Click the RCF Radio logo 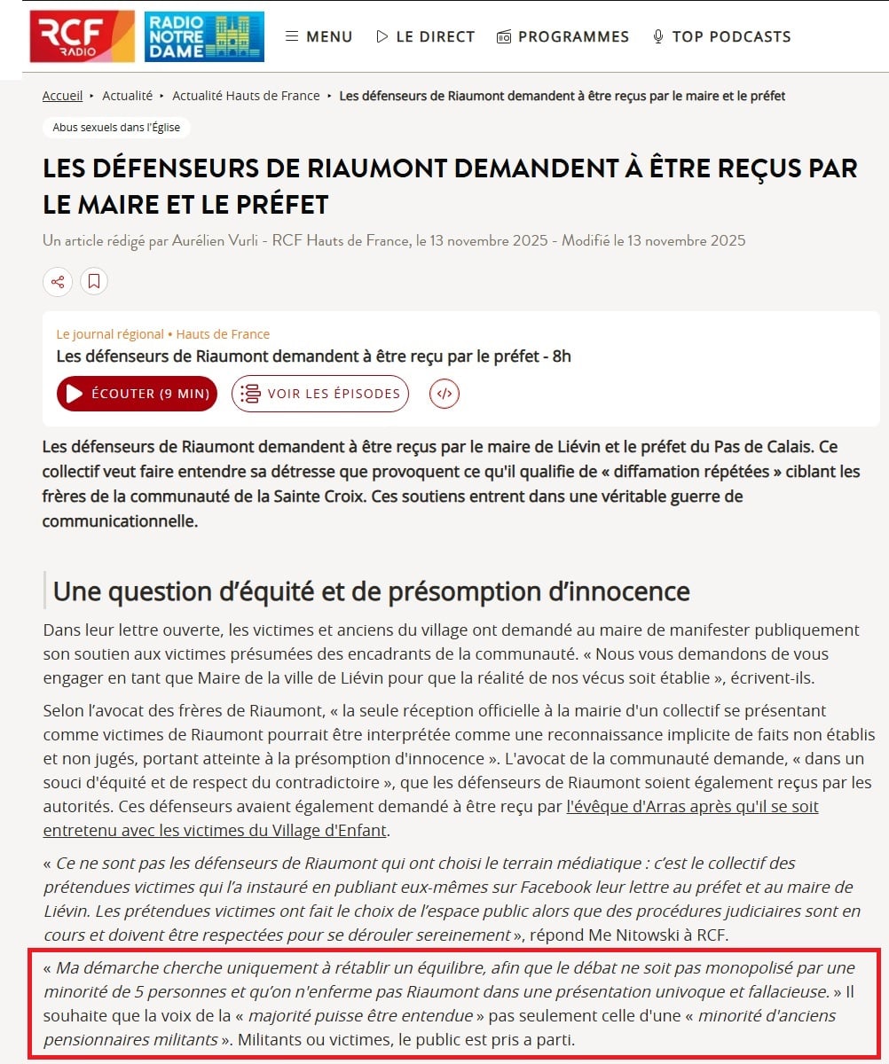point(82,36)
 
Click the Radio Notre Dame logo point(204,36)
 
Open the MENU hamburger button point(319,36)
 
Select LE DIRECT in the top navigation point(425,36)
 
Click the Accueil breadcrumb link point(62,96)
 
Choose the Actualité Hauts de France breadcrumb point(246,96)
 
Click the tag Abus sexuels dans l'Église point(116,128)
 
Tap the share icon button point(58,282)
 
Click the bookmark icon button point(94,282)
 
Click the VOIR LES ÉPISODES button point(320,394)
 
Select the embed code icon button point(444,394)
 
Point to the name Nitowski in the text point(629,934)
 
